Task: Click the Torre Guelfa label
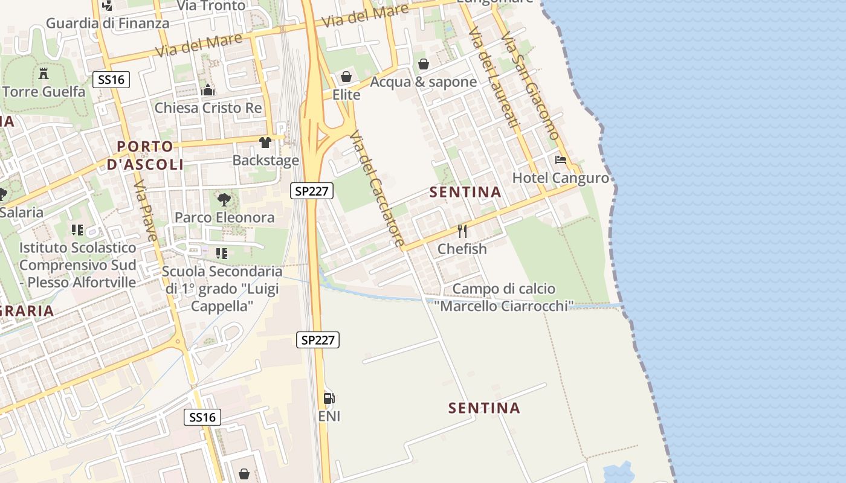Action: pos(44,92)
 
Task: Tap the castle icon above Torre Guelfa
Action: pos(44,74)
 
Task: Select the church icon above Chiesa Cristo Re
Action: pos(208,91)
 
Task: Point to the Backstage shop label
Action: pos(266,160)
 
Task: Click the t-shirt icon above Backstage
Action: pos(265,142)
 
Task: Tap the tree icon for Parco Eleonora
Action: pos(224,199)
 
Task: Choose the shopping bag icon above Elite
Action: pos(346,77)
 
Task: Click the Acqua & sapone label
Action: pos(423,82)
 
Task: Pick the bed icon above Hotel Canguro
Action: pos(561,160)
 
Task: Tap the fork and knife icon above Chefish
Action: pos(462,231)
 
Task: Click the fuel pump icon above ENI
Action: pos(329,398)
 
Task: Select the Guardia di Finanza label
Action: pos(108,24)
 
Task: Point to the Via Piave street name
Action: pos(146,209)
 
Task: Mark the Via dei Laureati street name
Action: pos(494,78)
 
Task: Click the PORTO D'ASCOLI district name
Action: pos(146,155)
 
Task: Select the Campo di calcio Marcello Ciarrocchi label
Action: pos(503,298)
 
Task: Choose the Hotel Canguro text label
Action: pos(561,178)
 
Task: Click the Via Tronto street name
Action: pos(211,5)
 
